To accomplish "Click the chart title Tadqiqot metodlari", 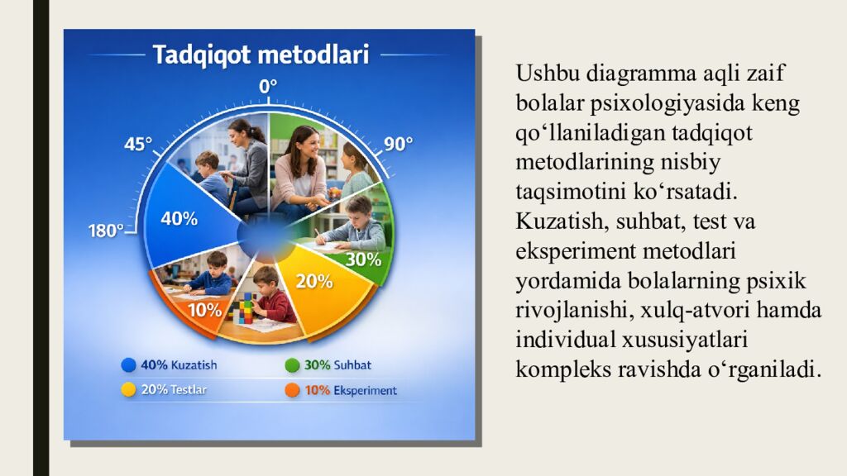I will (x=261, y=55).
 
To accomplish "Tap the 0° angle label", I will (x=268, y=87).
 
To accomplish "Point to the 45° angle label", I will (x=138, y=145).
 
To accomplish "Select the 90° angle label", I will (x=398, y=144).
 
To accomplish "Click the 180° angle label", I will (x=106, y=231).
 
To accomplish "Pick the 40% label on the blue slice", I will (x=179, y=219).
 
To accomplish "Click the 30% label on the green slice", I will (x=363, y=259).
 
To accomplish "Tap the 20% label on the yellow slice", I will (x=314, y=281).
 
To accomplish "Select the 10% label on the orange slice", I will (x=204, y=311).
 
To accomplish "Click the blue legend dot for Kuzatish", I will (x=128, y=364).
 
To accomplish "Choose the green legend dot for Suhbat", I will (x=292, y=364).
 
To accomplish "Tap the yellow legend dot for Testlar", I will (x=128, y=389).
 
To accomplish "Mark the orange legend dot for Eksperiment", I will (x=292, y=390).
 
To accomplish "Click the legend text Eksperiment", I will (x=366, y=390).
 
